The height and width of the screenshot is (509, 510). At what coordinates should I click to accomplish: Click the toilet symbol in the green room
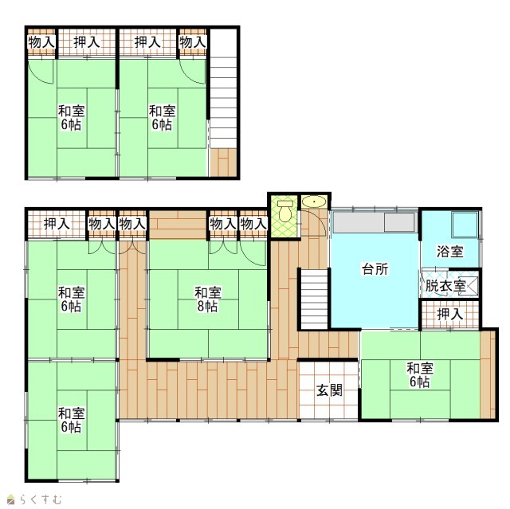point(285,211)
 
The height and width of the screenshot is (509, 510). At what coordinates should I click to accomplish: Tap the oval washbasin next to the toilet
point(314,202)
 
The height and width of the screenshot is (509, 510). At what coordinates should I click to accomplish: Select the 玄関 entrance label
point(329,390)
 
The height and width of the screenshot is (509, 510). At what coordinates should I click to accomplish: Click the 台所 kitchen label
point(375,269)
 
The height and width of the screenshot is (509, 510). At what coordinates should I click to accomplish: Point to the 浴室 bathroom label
point(449,251)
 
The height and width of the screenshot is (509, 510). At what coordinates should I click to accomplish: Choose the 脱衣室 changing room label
point(445,286)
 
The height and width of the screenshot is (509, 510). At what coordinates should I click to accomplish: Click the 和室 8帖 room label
point(207,299)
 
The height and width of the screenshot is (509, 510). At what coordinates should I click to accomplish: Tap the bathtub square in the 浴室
point(465,225)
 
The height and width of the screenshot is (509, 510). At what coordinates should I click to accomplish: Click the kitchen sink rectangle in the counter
point(399,222)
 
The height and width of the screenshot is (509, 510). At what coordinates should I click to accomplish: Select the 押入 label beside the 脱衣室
point(449,314)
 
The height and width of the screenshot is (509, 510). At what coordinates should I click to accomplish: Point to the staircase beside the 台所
point(314,299)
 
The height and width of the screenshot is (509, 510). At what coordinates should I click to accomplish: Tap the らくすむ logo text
point(40,499)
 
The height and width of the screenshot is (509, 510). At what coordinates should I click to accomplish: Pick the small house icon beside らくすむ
point(11,499)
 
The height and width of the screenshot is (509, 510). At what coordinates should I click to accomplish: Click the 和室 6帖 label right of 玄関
point(420,374)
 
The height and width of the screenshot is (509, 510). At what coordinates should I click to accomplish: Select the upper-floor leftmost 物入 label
point(41,42)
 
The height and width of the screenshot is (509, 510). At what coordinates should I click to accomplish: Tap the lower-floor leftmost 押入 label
point(57,224)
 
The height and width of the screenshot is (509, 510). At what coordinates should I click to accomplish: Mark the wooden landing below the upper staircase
point(223,162)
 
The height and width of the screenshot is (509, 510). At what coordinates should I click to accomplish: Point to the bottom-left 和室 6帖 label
point(71,420)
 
